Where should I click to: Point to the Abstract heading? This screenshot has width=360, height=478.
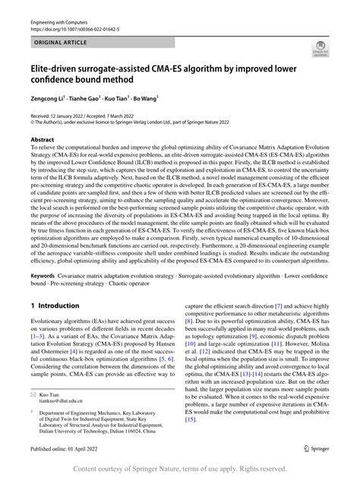tap(42, 141)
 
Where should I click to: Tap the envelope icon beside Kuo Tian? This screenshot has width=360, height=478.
tap(33, 416)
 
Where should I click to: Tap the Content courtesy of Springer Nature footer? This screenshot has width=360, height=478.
tap(180, 470)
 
